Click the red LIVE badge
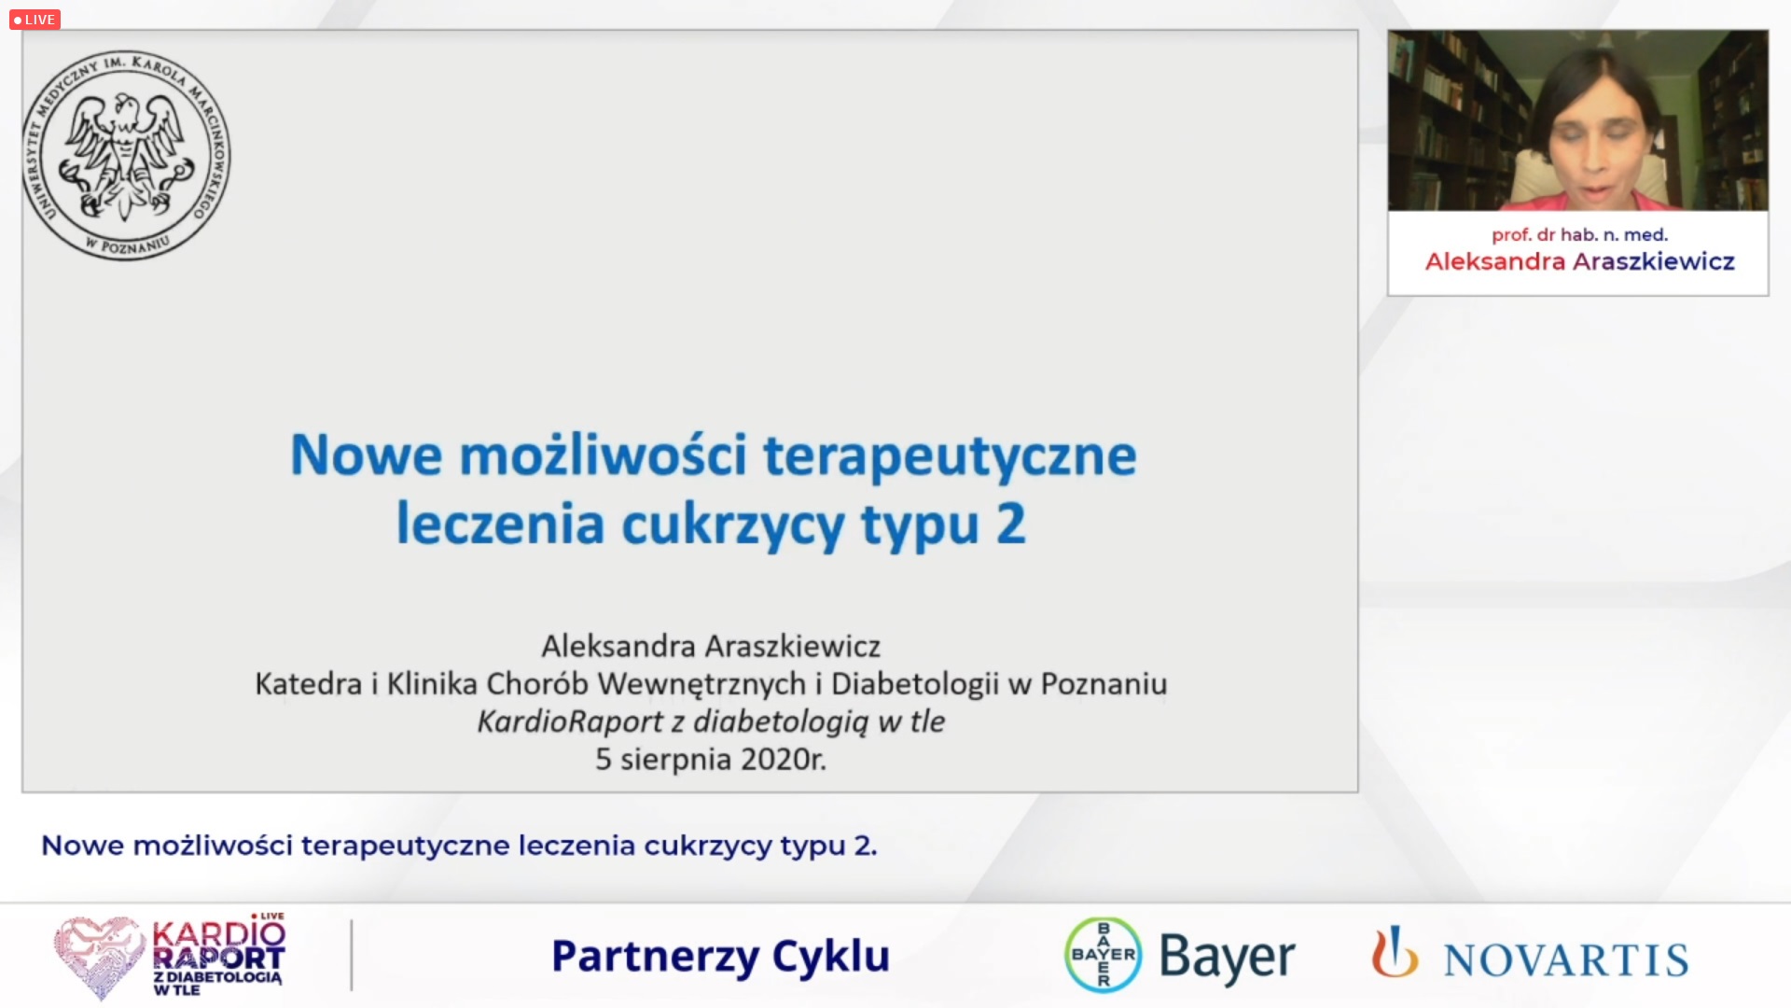click(35, 19)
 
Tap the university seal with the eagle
click(127, 155)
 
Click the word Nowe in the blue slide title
click(366, 455)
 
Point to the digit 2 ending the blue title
click(1010, 524)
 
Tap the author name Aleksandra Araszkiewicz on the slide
click(711, 646)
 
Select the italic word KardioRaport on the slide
click(570, 721)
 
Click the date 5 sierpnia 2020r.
click(711, 759)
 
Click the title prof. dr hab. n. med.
click(1579, 234)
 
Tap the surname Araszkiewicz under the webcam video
click(1653, 261)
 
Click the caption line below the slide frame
click(459, 846)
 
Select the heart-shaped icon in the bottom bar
click(99, 956)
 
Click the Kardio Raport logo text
click(218, 956)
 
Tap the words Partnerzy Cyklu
click(720, 957)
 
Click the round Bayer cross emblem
click(1104, 955)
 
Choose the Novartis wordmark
click(1566, 960)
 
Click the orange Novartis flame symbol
click(1394, 951)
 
